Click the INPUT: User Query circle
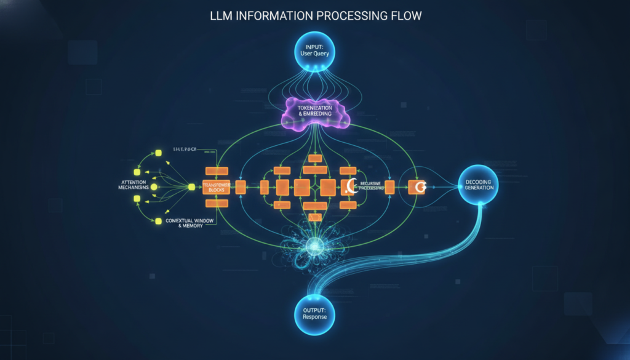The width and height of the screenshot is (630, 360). pos(315,49)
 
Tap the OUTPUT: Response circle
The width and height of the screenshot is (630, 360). pos(315,312)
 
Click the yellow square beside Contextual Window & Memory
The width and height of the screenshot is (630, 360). pos(157,220)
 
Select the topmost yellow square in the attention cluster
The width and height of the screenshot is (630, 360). pos(157,151)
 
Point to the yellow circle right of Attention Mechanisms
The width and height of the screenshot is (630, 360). pos(154,186)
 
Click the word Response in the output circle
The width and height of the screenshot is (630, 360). pos(315,317)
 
